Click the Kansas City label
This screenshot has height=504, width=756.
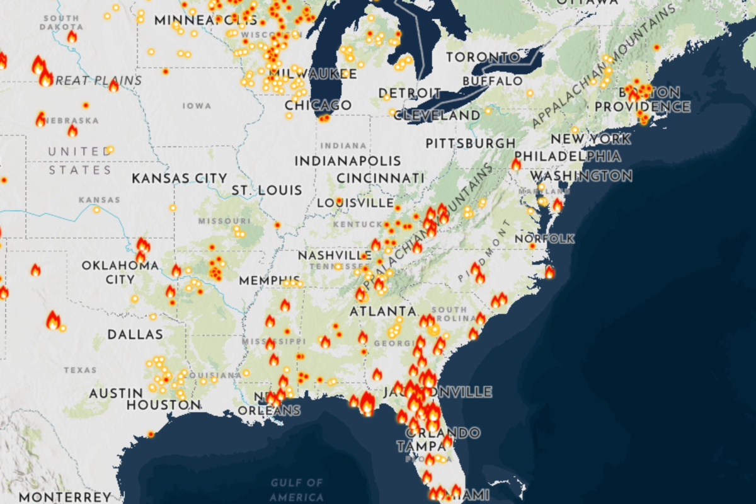point(179,179)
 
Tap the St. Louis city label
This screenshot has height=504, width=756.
point(266,190)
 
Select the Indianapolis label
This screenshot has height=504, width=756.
point(348,161)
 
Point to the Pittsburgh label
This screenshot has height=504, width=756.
point(470,144)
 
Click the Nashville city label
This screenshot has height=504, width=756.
point(335,256)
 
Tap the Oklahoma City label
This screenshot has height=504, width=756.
point(120,272)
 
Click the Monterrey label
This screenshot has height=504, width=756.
point(56,497)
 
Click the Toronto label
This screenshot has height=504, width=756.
point(483,57)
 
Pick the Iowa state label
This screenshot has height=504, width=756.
point(197,106)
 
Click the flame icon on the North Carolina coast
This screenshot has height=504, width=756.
point(549,272)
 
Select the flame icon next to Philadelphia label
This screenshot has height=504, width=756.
point(516,164)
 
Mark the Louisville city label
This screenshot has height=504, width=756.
point(355,203)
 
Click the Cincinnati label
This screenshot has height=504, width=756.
point(380,178)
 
